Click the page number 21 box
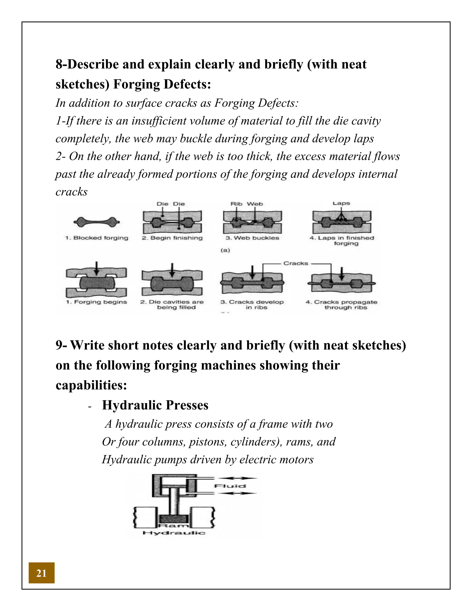coord(41,573)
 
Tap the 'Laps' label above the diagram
coord(341,203)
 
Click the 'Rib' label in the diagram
coord(236,204)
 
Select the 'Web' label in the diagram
coord(255,204)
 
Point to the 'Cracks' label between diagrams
coord(295,263)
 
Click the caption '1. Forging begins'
coord(97,302)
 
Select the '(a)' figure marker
coord(225,250)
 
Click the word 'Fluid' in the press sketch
coord(230,486)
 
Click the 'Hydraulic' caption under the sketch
coord(174,533)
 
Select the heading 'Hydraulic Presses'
coord(155,405)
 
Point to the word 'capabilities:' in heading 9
coord(91,385)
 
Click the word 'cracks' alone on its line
coord(72,192)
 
